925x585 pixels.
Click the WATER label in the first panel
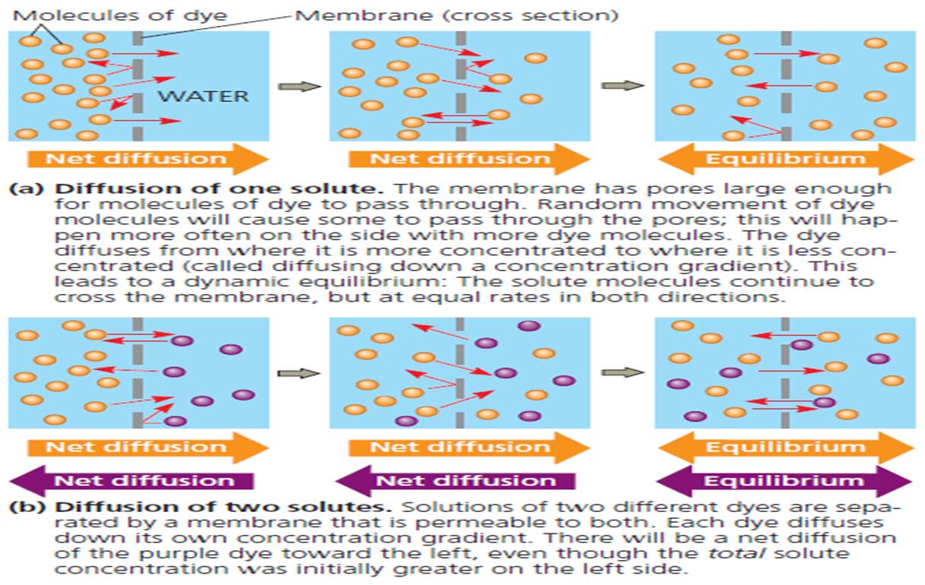click(204, 96)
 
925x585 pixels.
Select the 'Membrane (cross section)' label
click(455, 14)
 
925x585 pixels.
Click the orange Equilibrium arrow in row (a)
click(785, 159)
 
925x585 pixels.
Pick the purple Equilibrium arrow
click(784, 481)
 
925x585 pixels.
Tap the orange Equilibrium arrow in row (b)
click(785, 447)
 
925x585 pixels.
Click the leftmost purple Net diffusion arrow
click(131, 481)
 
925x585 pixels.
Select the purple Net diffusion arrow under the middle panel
click(455, 481)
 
